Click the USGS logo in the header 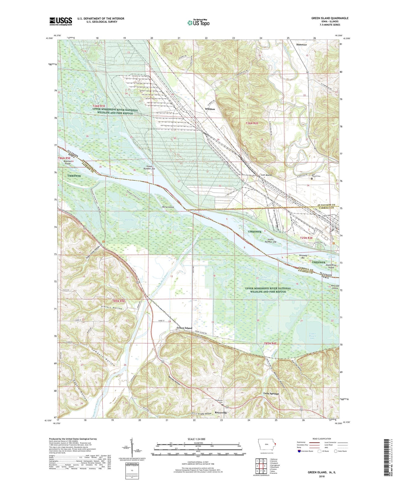(x=60, y=21)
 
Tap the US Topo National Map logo (x=198, y=22)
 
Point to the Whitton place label (x=210, y=109)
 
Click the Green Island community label (x=184, y=328)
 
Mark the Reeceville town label (x=221, y=413)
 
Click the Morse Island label (x=168, y=207)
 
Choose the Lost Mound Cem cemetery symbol (x=312, y=178)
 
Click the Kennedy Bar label (x=303, y=257)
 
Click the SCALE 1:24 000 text (x=197, y=439)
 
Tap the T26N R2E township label (x=252, y=123)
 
